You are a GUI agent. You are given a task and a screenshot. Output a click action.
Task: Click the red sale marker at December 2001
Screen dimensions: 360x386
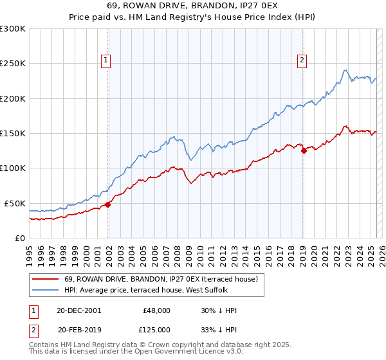[108, 204]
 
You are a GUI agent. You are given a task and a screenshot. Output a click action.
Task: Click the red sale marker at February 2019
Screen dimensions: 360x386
[304, 150]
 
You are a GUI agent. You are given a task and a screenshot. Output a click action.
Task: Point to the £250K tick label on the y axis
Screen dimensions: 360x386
[13, 64]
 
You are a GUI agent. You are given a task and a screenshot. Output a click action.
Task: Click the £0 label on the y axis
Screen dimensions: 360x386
[19, 238]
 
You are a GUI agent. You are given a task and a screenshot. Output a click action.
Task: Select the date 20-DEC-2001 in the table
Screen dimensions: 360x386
[79, 310]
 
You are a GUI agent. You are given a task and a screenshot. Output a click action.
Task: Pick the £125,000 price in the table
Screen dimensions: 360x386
[156, 329]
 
